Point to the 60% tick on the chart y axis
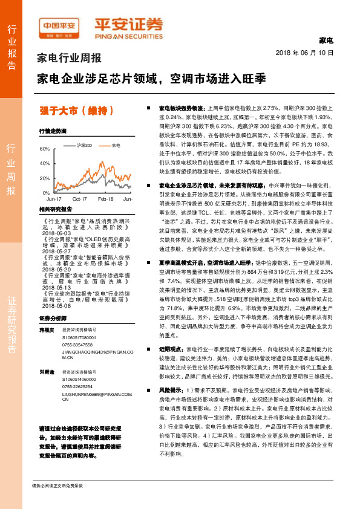(x=44, y=149)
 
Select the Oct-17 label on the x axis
(x=80, y=198)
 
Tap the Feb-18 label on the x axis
(x=106, y=198)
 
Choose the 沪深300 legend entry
(x=84, y=146)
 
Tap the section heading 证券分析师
(x=52, y=300)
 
